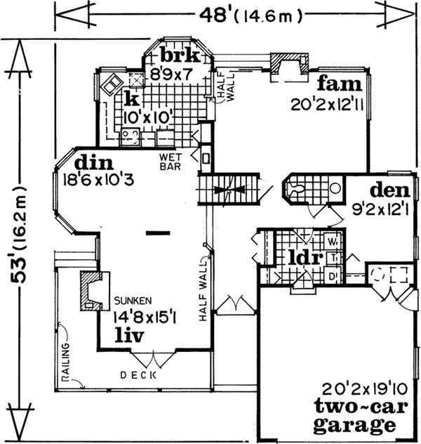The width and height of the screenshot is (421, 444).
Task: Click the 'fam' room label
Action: click(x=339, y=86)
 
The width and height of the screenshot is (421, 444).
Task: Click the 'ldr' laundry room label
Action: click(x=305, y=257)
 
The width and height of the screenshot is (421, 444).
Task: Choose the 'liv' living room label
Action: click(x=129, y=336)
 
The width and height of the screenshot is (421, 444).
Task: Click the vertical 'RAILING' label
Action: click(x=67, y=363)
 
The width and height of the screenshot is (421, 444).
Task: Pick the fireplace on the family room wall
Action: click(x=289, y=67)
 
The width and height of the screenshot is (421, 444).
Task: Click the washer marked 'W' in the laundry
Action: click(x=333, y=243)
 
